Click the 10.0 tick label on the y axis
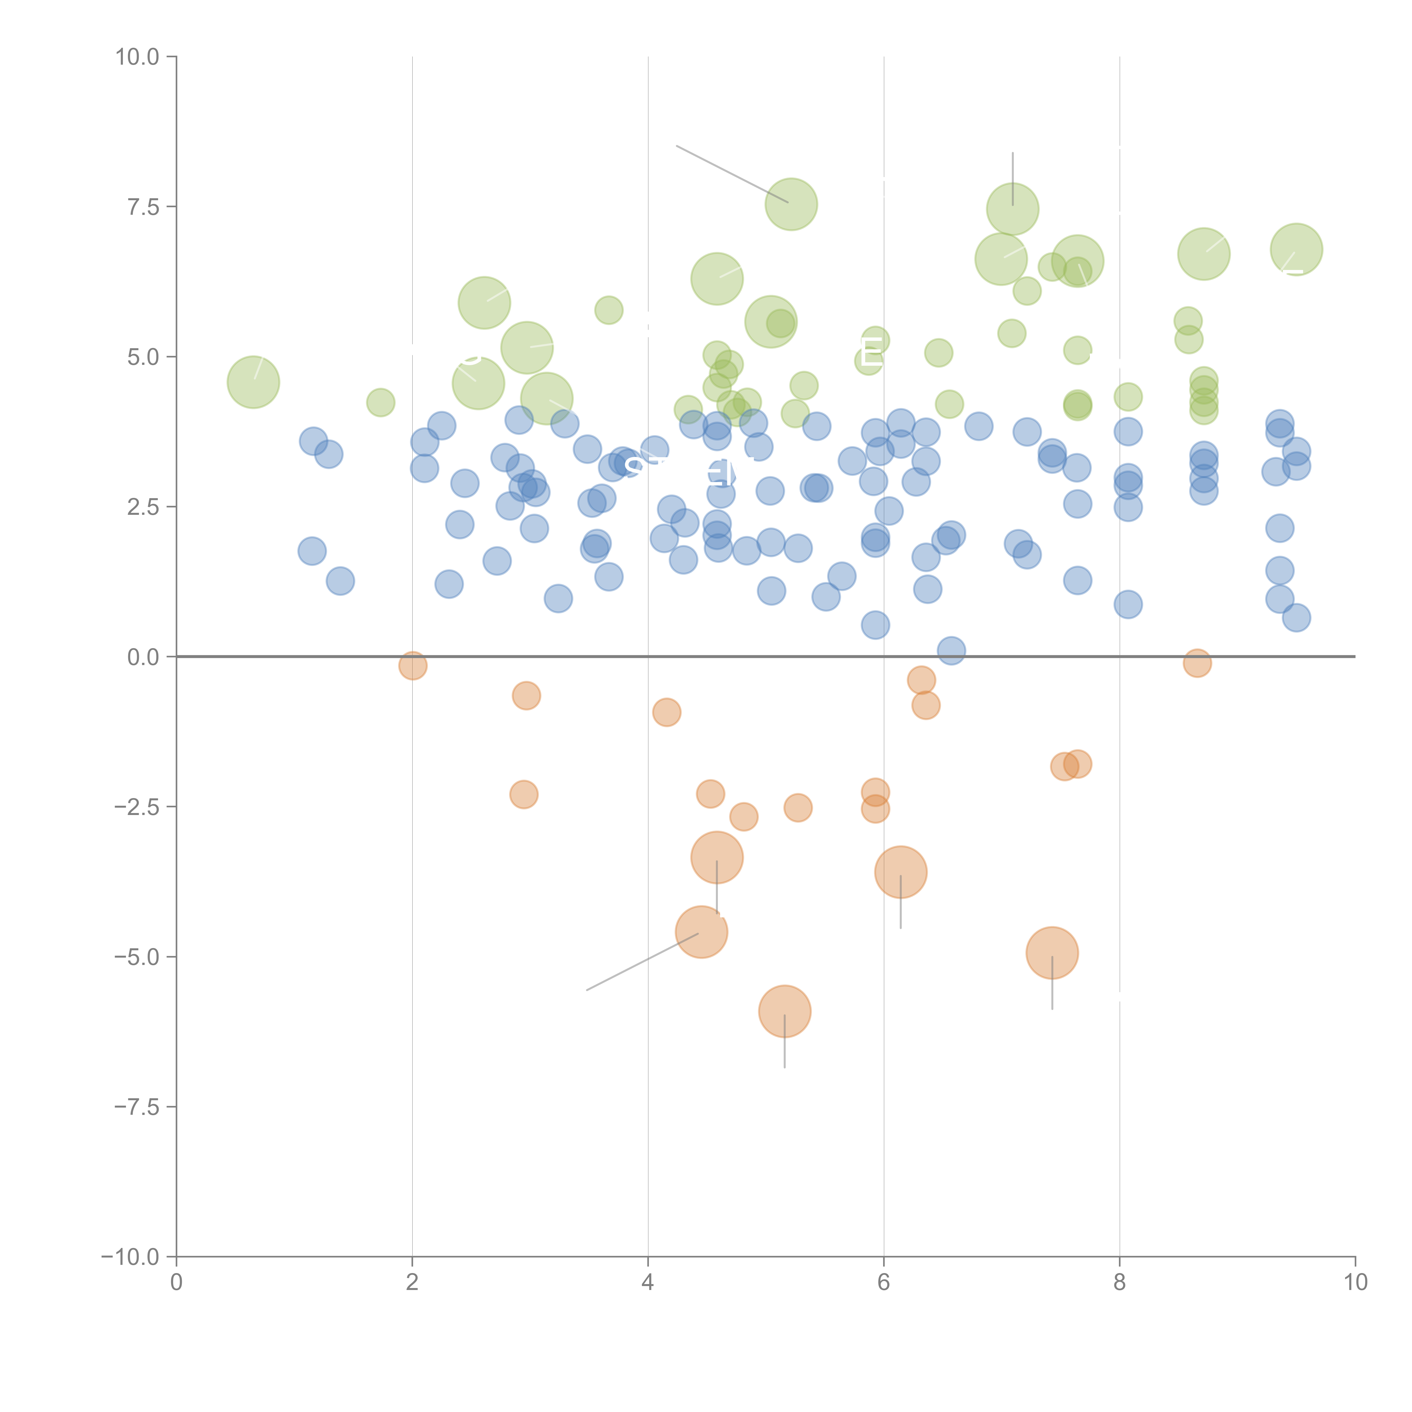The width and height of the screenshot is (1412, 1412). pyautogui.click(x=138, y=57)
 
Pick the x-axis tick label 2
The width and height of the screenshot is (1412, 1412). pyautogui.click(x=412, y=1283)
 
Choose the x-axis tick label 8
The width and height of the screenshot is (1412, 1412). pyautogui.click(x=1120, y=1283)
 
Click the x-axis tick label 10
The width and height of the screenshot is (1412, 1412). pyautogui.click(x=1355, y=1283)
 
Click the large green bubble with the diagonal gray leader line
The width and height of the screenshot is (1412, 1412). pyautogui.click(x=792, y=204)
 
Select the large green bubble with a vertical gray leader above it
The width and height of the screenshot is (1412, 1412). pyautogui.click(x=1012, y=209)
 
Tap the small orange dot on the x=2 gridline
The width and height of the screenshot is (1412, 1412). pyautogui.click(x=413, y=666)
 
